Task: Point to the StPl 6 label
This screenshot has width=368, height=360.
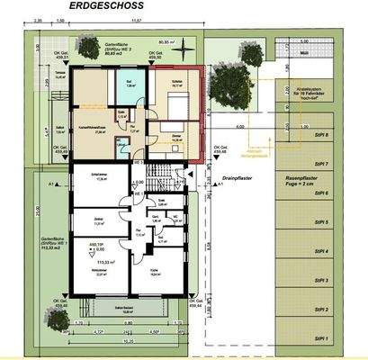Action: point(320,193)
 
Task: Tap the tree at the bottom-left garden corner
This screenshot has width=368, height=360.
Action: point(47,315)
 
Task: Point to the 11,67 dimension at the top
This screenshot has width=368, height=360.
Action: point(136,18)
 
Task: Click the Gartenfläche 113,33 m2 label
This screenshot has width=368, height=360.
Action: point(41,246)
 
